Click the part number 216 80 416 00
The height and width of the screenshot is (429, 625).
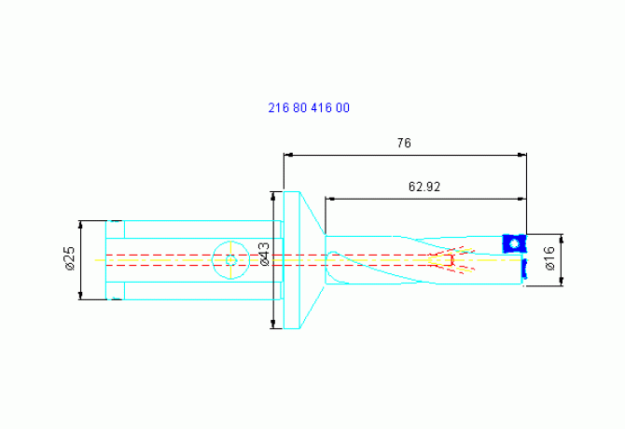pyautogui.click(x=309, y=107)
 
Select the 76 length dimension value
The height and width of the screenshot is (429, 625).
pyautogui.click(x=404, y=143)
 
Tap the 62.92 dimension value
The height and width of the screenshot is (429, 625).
pyautogui.click(x=424, y=187)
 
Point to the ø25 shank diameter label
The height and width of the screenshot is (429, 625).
pyautogui.click(x=70, y=258)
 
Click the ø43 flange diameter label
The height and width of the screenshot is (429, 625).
pyautogui.click(x=265, y=254)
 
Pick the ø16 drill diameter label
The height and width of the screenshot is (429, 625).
pyautogui.click(x=549, y=258)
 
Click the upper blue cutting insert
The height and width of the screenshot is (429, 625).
pyautogui.click(x=514, y=243)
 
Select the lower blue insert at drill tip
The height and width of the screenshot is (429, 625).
pyautogui.click(x=524, y=269)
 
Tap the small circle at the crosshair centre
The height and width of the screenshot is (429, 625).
pyautogui.click(x=230, y=260)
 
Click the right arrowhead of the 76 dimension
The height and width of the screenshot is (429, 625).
pyautogui.click(x=522, y=155)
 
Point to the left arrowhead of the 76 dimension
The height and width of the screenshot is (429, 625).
pyautogui.click(x=288, y=155)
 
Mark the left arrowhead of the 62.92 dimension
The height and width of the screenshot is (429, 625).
pyautogui.click(x=330, y=199)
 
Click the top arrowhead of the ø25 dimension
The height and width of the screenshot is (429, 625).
pyautogui.click(x=80, y=225)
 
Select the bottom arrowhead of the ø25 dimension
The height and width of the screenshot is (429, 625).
pyautogui.click(x=80, y=295)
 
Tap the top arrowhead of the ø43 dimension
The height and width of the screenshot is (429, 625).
pyautogui.click(x=273, y=197)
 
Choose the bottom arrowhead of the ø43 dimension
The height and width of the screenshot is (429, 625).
pyautogui.click(x=273, y=324)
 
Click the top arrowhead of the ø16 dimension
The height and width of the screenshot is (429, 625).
pyautogui.click(x=562, y=239)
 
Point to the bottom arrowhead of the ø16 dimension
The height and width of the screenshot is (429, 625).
pyautogui.click(x=562, y=281)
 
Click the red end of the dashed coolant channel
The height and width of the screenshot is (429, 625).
pyautogui.click(x=451, y=260)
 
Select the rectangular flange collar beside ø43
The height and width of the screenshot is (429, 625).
pyautogui.click(x=291, y=260)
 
